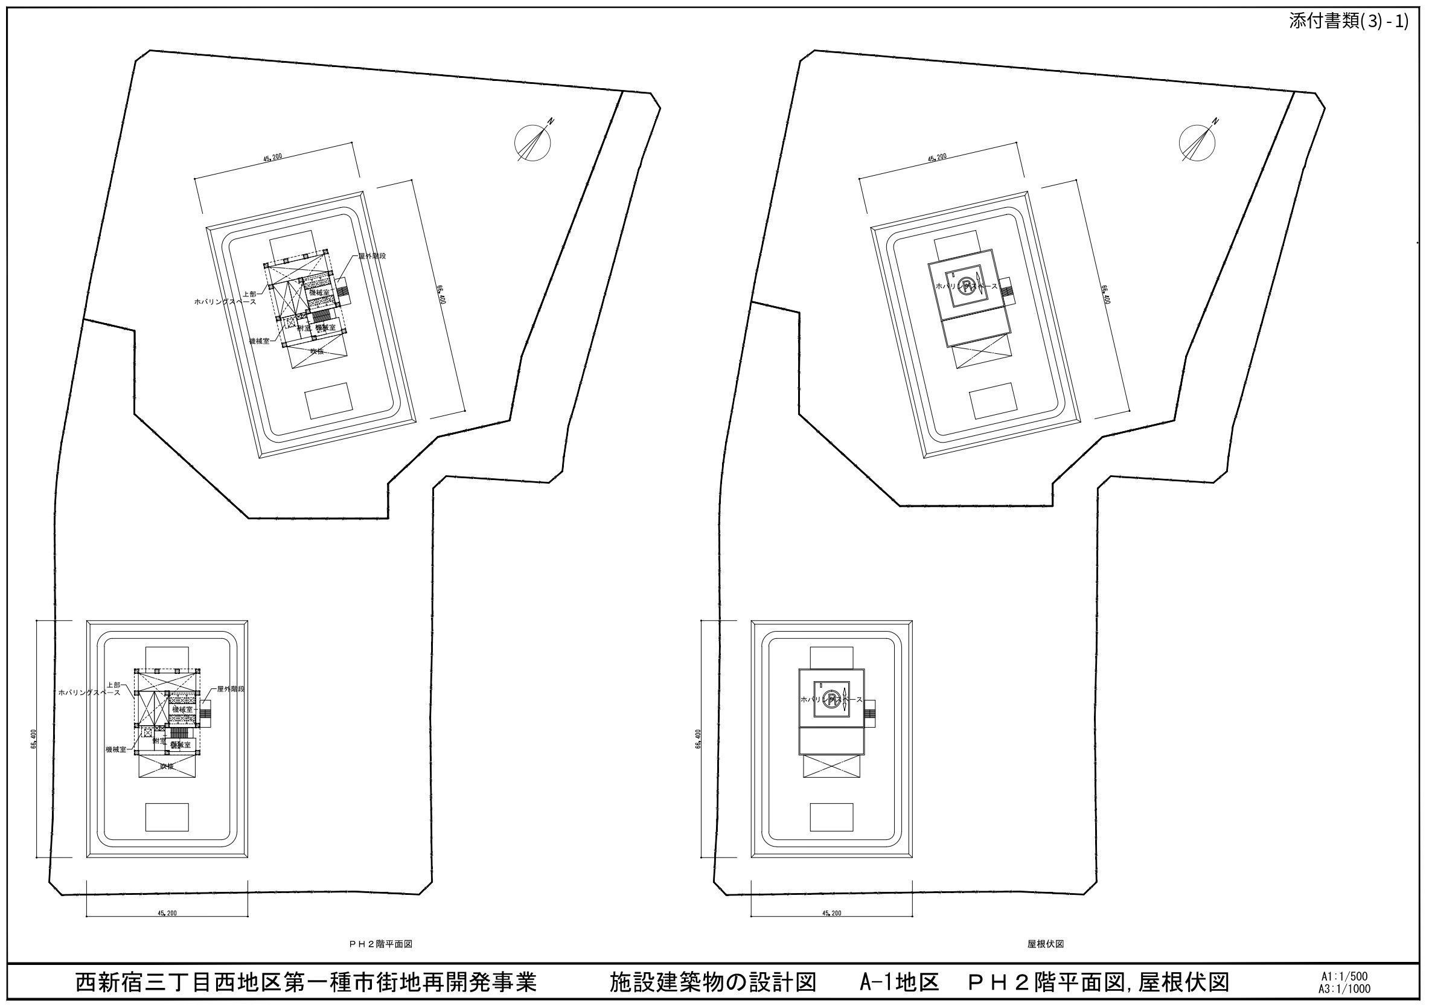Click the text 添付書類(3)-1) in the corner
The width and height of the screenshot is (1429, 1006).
tap(1348, 22)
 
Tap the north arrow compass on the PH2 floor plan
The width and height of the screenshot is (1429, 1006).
tap(532, 143)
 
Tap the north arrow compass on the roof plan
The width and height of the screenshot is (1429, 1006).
tap(1197, 143)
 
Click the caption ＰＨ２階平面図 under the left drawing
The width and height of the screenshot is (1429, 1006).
tap(380, 944)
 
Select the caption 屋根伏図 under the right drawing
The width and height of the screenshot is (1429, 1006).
tap(1045, 944)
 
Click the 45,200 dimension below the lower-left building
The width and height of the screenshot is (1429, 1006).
tap(167, 913)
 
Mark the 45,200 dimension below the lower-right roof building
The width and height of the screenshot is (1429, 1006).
tap(831, 913)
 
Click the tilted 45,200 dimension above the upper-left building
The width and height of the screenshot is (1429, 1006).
tap(273, 157)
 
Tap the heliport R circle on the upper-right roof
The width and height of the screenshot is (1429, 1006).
tap(965, 286)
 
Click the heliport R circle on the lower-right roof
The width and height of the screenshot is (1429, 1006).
tap(829, 699)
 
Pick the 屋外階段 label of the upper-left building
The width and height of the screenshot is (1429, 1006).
tap(371, 257)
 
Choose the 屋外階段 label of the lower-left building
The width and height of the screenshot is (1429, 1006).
tap(230, 689)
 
